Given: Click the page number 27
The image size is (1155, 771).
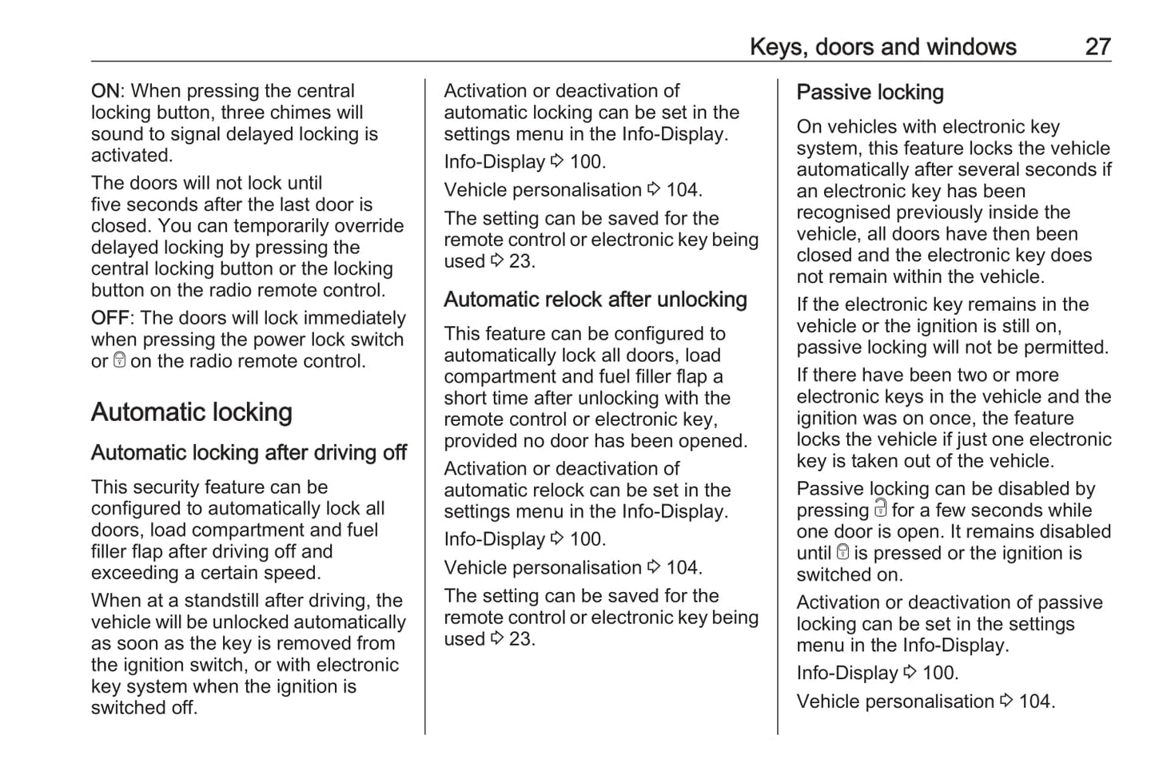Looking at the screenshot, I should tap(1097, 47).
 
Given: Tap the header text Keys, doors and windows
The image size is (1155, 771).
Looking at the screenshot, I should tap(882, 47).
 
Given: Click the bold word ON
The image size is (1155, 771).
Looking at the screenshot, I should tap(105, 91).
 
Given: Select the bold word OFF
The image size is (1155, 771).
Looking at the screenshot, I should tap(109, 318).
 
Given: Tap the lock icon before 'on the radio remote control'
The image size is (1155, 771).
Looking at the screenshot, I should tap(120, 360).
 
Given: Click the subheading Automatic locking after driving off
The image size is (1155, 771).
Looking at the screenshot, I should tap(249, 453).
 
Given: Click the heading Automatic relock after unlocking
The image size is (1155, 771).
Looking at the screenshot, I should tap(595, 300).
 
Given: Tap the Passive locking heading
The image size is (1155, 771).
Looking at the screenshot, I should tap(870, 93).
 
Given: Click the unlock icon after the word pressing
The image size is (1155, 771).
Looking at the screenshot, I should tap(880, 509).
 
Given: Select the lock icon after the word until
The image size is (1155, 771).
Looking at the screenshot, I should tap(842, 552).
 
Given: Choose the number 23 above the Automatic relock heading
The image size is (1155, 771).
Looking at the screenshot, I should tap(521, 261).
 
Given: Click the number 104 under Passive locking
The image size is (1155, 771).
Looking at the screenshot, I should tap(1036, 701).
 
